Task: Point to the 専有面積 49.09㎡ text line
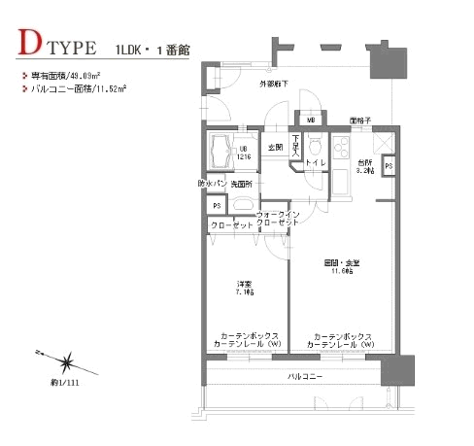tap(67, 75)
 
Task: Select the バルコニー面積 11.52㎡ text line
tap(75, 88)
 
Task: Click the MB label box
tap(312, 120)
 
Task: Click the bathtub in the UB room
tap(219, 153)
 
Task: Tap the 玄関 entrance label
tap(273, 148)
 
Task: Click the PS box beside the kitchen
tap(388, 166)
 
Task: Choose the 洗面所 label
tap(242, 183)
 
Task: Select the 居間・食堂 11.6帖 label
tap(342, 268)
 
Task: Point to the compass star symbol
tap(65, 363)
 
